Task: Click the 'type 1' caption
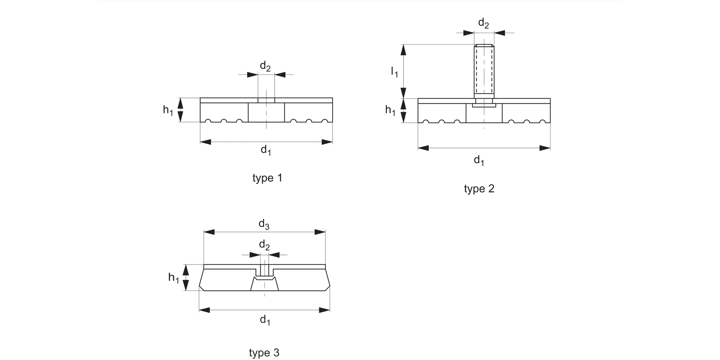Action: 267,178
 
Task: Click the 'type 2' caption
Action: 479,189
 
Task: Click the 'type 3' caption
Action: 264,353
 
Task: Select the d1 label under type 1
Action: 266,150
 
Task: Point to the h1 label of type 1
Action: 168,110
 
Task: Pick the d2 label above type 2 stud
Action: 484,23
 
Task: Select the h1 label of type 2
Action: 391,110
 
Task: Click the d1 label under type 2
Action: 479,160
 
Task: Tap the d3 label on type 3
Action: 264,223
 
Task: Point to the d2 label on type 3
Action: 264,245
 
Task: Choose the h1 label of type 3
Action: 174,277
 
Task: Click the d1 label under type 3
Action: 265,320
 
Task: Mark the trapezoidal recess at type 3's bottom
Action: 264,284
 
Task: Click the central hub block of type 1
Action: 266,112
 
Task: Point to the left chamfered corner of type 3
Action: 202,287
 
